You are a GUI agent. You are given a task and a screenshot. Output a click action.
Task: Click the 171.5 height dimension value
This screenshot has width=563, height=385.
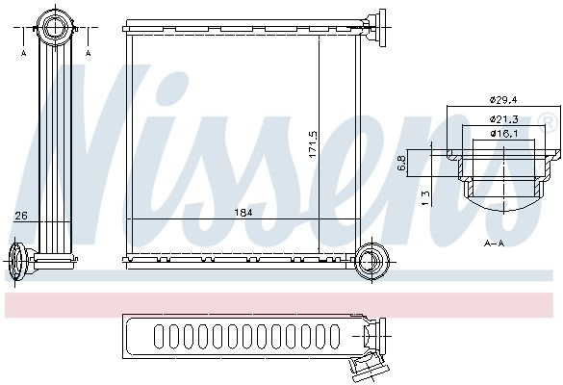click(x=313, y=144)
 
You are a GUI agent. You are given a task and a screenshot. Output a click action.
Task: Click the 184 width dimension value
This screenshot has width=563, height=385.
click(x=243, y=213)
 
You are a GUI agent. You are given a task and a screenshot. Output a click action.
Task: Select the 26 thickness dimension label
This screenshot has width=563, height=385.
click(x=21, y=216)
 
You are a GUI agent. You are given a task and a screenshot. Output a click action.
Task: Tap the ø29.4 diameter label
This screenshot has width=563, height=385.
click(x=503, y=100)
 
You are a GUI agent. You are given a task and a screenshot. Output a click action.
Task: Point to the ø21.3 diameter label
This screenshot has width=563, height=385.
click(x=503, y=118)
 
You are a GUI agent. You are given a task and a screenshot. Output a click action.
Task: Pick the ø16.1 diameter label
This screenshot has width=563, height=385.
click(x=503, y=134)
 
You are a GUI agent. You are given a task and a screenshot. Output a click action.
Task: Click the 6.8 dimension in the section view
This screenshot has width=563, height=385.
click(x=402, y=163)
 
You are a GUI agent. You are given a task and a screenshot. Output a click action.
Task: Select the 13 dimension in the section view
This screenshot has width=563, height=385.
click(x=424, y=198)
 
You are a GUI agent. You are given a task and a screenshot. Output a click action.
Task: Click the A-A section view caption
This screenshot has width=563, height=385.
click(x=495, y=244)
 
